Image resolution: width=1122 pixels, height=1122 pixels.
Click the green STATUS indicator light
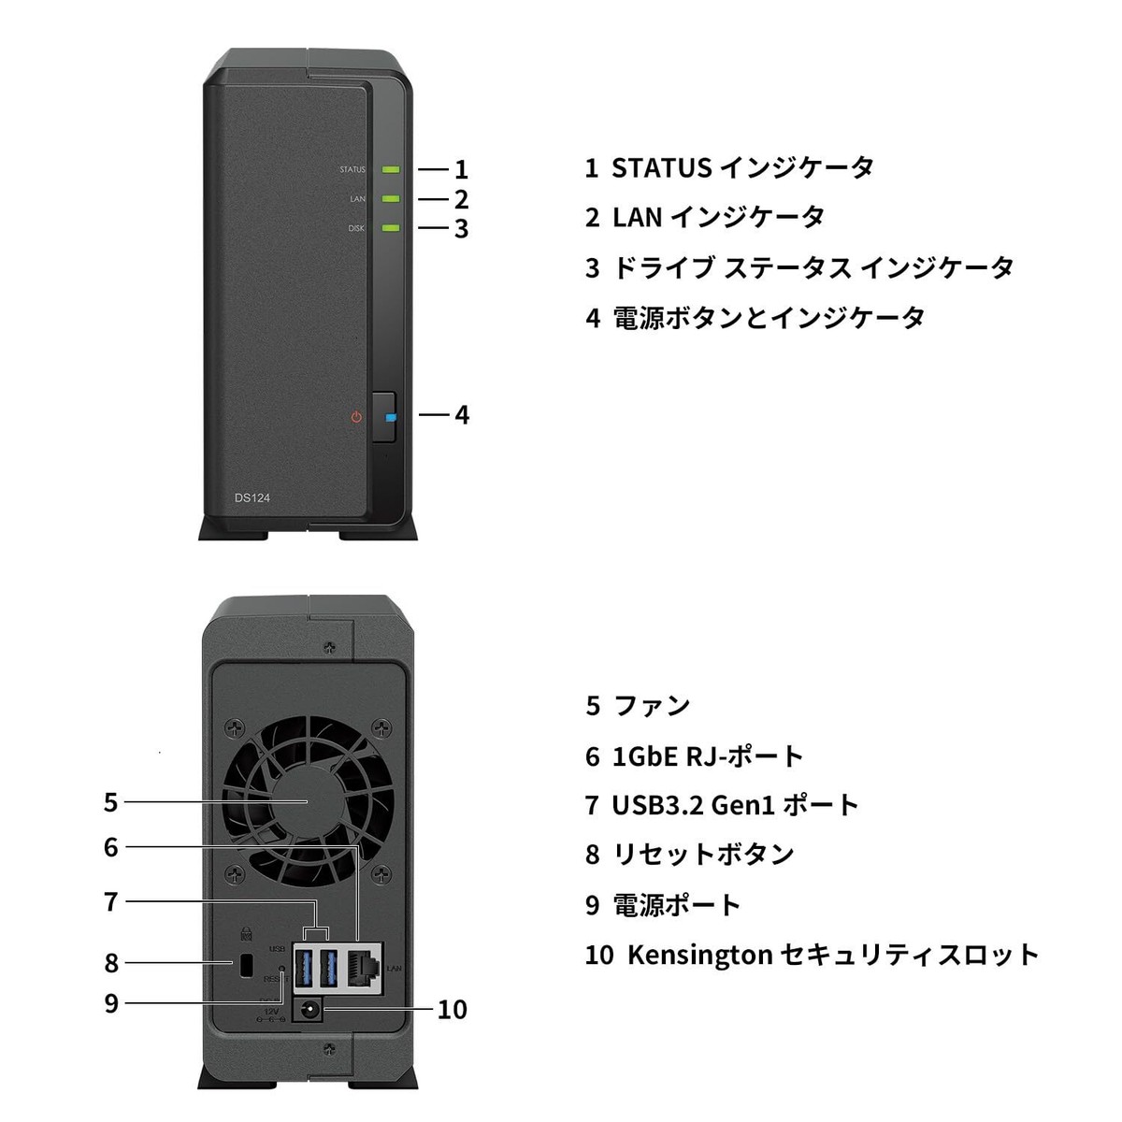(391, 170)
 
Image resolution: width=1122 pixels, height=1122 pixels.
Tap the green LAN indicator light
(391, 198)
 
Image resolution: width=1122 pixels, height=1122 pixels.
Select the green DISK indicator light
(391, 227)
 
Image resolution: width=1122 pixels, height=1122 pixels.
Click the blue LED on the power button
(390, 419)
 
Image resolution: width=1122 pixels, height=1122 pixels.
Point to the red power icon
(356, 417)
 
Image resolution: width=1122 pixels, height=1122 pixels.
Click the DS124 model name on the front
(252, 497)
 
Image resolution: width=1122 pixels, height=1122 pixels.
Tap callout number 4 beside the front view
(461, 415)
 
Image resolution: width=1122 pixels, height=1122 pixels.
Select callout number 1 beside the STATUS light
(461, 170)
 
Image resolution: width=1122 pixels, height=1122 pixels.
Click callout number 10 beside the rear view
(452, 1010)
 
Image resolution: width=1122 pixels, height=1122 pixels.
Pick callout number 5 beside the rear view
(111, 802)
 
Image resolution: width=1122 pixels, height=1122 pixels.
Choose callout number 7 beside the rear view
(111, 901)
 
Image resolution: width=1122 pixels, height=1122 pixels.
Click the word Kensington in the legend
(699, 955)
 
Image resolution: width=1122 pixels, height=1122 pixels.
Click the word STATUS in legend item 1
(661, 168)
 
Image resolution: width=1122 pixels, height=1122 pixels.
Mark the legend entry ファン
(652, 705)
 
